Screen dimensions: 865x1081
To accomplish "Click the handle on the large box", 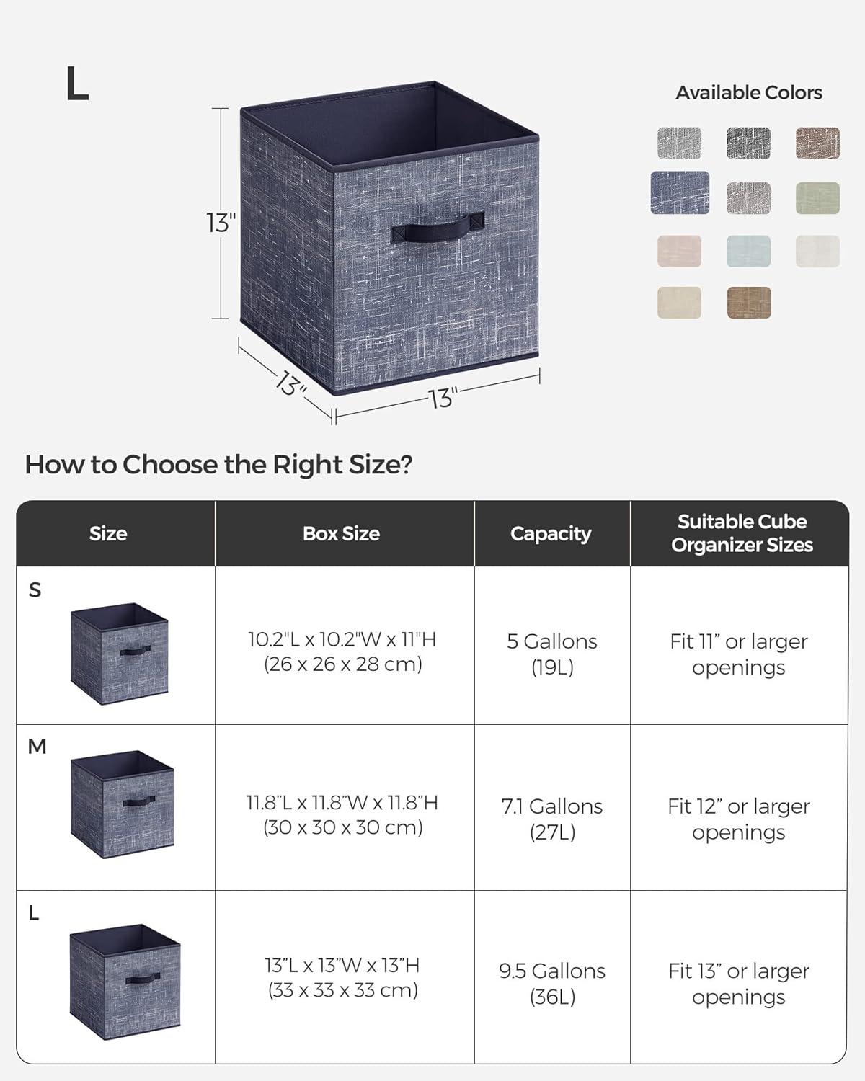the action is pos(438,231).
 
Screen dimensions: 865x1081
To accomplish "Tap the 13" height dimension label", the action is pos(221,222).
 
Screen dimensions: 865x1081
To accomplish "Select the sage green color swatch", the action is pos(817,198).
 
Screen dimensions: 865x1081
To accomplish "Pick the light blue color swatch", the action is pos(748,252).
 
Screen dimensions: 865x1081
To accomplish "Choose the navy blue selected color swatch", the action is pos(680,193).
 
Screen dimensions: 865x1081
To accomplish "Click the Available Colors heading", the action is pos(749,92).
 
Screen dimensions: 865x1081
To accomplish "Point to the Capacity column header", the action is pos(551,534).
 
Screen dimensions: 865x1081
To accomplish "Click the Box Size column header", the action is pos(341,533).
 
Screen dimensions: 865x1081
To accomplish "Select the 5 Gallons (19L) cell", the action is pos(552,654).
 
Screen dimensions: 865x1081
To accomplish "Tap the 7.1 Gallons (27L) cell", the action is pos(552,819).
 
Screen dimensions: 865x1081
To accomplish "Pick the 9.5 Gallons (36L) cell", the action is pos(552,984).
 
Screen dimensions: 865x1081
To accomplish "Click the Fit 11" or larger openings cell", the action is pos(739,654).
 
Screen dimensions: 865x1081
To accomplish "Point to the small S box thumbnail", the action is pos(120,654).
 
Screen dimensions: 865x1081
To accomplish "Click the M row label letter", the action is pos(37,747).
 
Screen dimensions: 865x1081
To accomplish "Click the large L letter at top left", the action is pos(77,84).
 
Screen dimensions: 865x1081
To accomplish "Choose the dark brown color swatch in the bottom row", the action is pos(749,303).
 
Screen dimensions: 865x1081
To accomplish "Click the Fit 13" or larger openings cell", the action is pos(739,984).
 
